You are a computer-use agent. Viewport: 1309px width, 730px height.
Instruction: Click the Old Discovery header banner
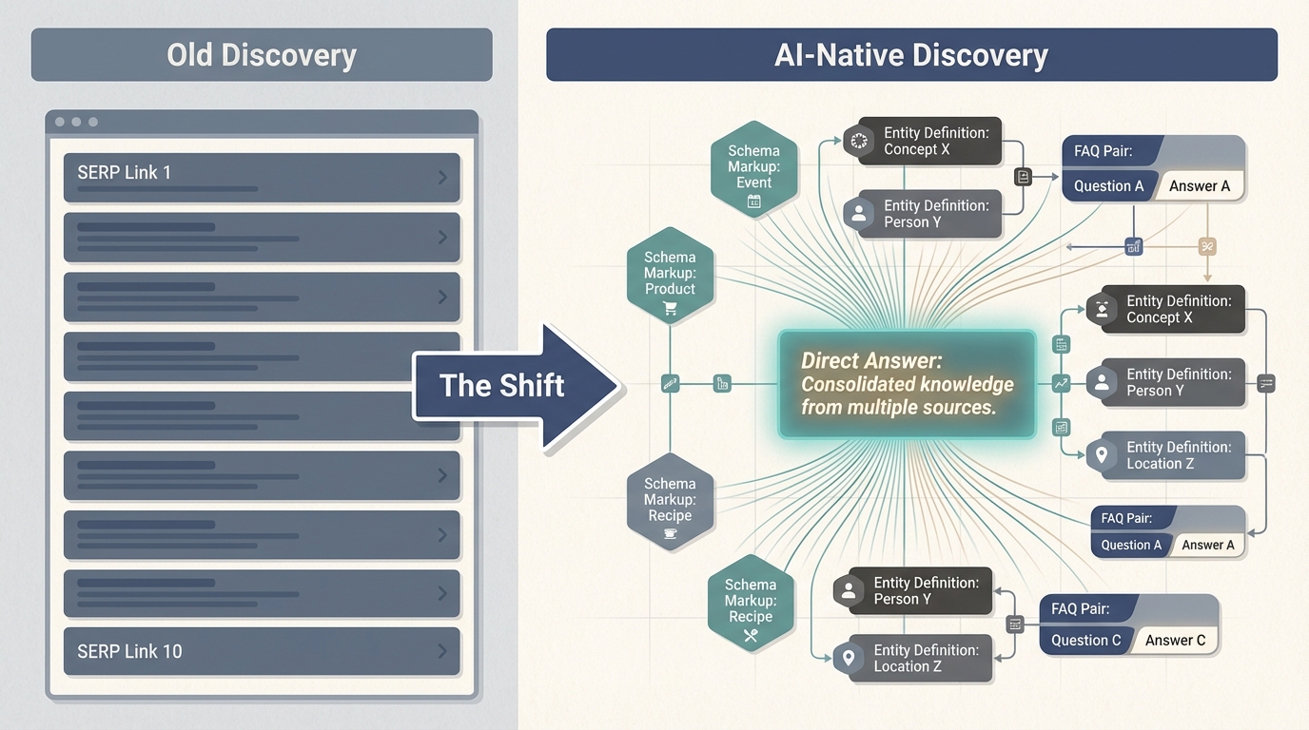(x=262, y=54)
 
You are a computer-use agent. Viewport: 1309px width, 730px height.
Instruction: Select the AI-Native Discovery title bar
(x=911, y=54)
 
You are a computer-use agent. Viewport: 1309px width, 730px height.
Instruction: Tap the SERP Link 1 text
(x=124, y=172)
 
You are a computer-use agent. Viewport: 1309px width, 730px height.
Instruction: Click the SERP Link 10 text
(x=129, y=651)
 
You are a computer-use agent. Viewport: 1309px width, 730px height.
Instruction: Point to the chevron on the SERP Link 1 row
(x=442, y=177)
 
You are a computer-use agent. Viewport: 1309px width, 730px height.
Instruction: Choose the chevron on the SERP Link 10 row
(x=442, y=651)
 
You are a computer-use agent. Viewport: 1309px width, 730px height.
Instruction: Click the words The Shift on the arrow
(x=501, y=385)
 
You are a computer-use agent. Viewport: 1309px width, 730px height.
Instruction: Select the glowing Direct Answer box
(x=907, y=384)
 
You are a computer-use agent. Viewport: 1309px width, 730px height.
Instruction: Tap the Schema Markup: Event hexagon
(x=753, y=168)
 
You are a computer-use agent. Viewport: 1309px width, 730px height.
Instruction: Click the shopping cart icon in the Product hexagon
(x=670, y=308)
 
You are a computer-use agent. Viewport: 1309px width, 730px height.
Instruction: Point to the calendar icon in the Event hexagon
(x=753, y=201)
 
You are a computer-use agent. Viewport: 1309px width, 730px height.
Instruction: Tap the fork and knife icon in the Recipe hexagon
(x=751, y=636)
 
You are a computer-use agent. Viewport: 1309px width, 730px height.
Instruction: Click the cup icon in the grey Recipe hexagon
(x=670, y=534)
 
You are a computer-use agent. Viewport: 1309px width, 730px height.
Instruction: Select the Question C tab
(x=1085, y=640)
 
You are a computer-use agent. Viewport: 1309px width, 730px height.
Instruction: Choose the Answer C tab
(x=1175, y=640)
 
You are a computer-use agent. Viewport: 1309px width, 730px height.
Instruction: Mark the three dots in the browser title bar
(x=77, y=123)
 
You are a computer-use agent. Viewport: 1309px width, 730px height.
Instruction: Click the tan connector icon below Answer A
(x=1206, y=246)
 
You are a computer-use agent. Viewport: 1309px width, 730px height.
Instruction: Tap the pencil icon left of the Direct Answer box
(x=670, y=384)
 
